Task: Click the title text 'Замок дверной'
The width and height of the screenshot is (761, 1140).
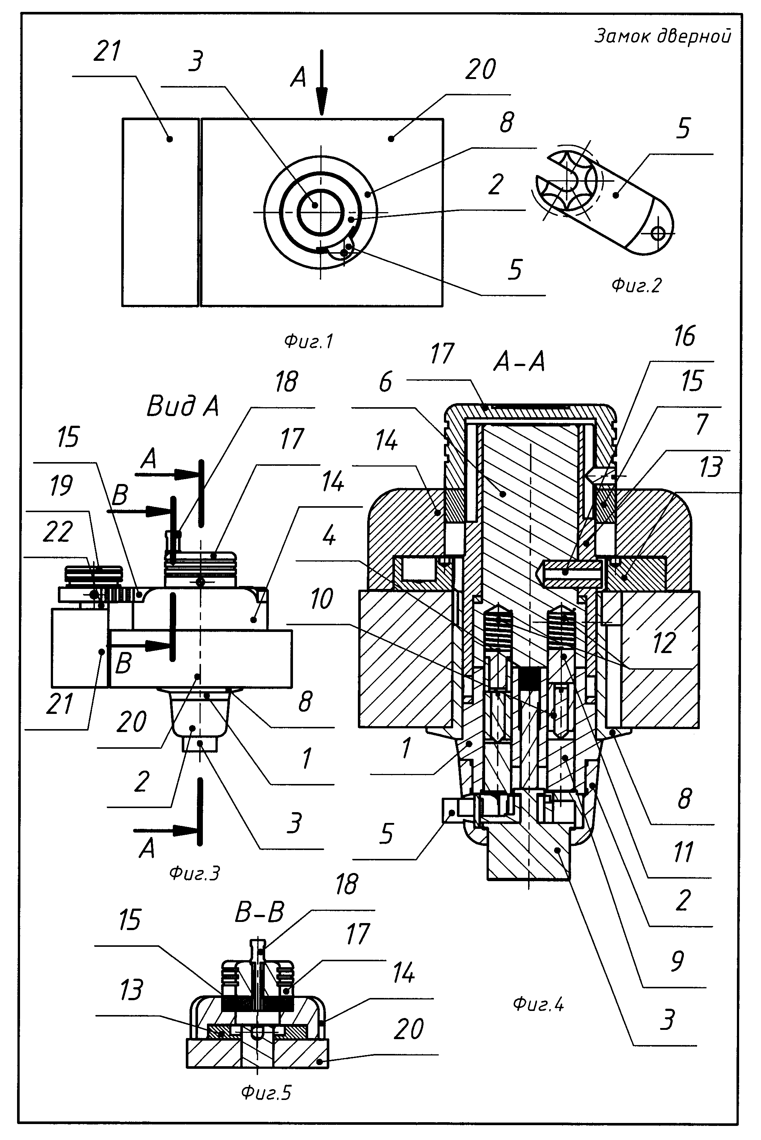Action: point(662,36)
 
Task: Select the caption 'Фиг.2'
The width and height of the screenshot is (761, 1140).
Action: point(636,285)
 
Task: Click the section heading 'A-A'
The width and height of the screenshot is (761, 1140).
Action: point(519,362)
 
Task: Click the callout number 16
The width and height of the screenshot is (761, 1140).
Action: point(684,336)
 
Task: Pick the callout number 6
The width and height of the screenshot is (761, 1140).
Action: point(385,382)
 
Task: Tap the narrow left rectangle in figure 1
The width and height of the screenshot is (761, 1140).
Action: point(160,212)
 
